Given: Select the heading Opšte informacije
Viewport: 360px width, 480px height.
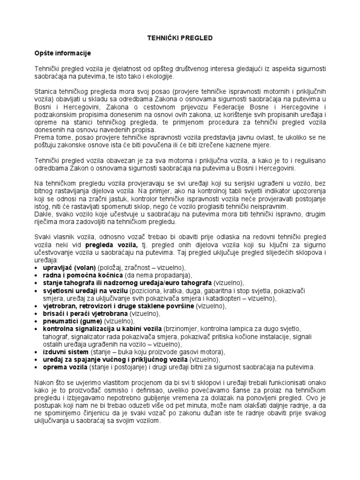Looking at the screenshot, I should [63, 53].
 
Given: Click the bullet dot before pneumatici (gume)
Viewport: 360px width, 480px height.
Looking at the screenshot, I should [37, 321].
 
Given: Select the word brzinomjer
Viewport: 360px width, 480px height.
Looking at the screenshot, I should [182, 329].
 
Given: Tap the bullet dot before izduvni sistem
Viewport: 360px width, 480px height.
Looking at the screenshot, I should [37, 352].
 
